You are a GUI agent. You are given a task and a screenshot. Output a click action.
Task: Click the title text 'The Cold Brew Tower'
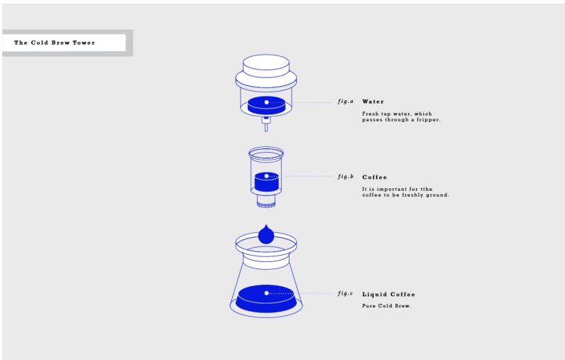tap(55, 43)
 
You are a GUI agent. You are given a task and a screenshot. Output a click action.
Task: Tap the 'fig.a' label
tap(346, 102)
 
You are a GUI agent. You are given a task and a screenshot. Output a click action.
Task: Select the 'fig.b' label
tap(346, 177)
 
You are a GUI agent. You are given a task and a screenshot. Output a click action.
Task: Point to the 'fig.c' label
tap(345, 293)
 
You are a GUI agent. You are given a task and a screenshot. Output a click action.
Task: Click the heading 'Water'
tap(373, 102)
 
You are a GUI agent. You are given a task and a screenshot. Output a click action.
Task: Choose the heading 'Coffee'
tap(374, 177)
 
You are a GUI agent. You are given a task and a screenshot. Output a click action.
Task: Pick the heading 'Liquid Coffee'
tap(388, 295)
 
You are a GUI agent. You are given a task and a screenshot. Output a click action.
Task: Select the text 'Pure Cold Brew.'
tap(386, 306)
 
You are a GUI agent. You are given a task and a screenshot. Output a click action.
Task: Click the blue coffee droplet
tap(266, 234)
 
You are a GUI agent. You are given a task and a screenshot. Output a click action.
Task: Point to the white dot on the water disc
tap(266, 102)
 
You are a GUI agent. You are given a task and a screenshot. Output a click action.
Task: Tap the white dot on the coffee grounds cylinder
tap(266, 176)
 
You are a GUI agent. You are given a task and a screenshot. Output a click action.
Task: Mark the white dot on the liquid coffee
tap(266, 293)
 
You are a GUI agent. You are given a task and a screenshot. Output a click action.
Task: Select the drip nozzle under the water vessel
tap(266, 124)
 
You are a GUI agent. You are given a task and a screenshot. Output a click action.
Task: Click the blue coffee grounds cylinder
tap(267, 182)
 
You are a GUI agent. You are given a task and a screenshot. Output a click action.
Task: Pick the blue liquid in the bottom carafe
tap(266, 299)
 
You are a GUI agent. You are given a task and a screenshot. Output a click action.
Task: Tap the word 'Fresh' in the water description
tap(370, 114)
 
